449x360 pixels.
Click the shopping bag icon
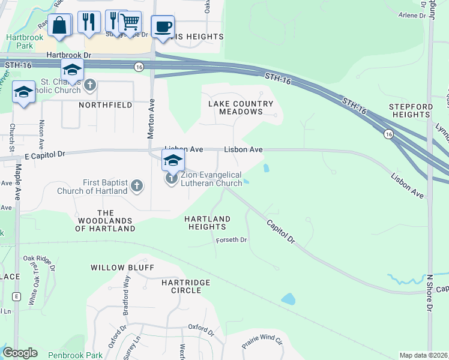coord(59,25)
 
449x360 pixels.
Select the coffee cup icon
coord(163,26)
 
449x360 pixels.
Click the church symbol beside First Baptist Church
coord(136,185)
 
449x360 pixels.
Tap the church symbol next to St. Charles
coord(90,85)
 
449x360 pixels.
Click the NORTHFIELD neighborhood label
coord(105,105)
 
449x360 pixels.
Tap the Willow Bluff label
coord(122,268)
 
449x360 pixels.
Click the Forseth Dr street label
coord(232,240)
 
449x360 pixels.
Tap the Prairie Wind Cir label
coord(262,343)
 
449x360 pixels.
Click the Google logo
coord(20,353)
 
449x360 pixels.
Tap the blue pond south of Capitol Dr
coord(289,298)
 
